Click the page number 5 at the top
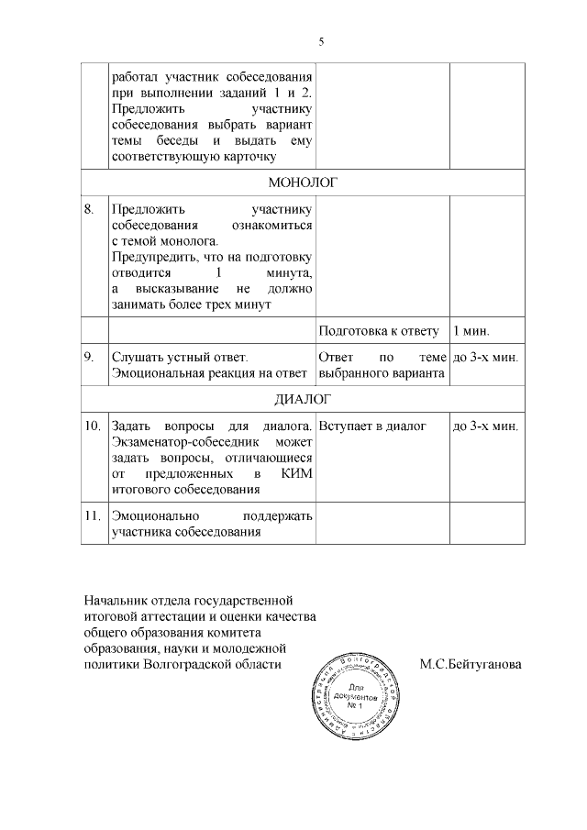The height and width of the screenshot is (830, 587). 321,41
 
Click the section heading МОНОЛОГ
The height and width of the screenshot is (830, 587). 303,182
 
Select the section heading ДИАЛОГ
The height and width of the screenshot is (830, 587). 303,399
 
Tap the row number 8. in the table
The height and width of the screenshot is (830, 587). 89,208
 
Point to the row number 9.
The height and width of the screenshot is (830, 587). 89,356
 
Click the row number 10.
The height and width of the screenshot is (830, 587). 92,426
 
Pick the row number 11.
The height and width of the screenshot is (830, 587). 92,515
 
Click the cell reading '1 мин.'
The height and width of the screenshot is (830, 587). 471,329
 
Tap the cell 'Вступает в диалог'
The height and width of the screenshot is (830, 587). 372,426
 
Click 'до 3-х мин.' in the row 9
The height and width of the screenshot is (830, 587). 486,356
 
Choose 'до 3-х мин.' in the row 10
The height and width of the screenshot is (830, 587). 486,426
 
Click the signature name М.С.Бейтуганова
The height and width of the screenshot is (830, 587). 471,664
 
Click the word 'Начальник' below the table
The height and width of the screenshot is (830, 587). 114,600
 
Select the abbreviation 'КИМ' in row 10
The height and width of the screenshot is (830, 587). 296,474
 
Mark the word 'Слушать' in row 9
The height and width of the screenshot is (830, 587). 135,356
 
